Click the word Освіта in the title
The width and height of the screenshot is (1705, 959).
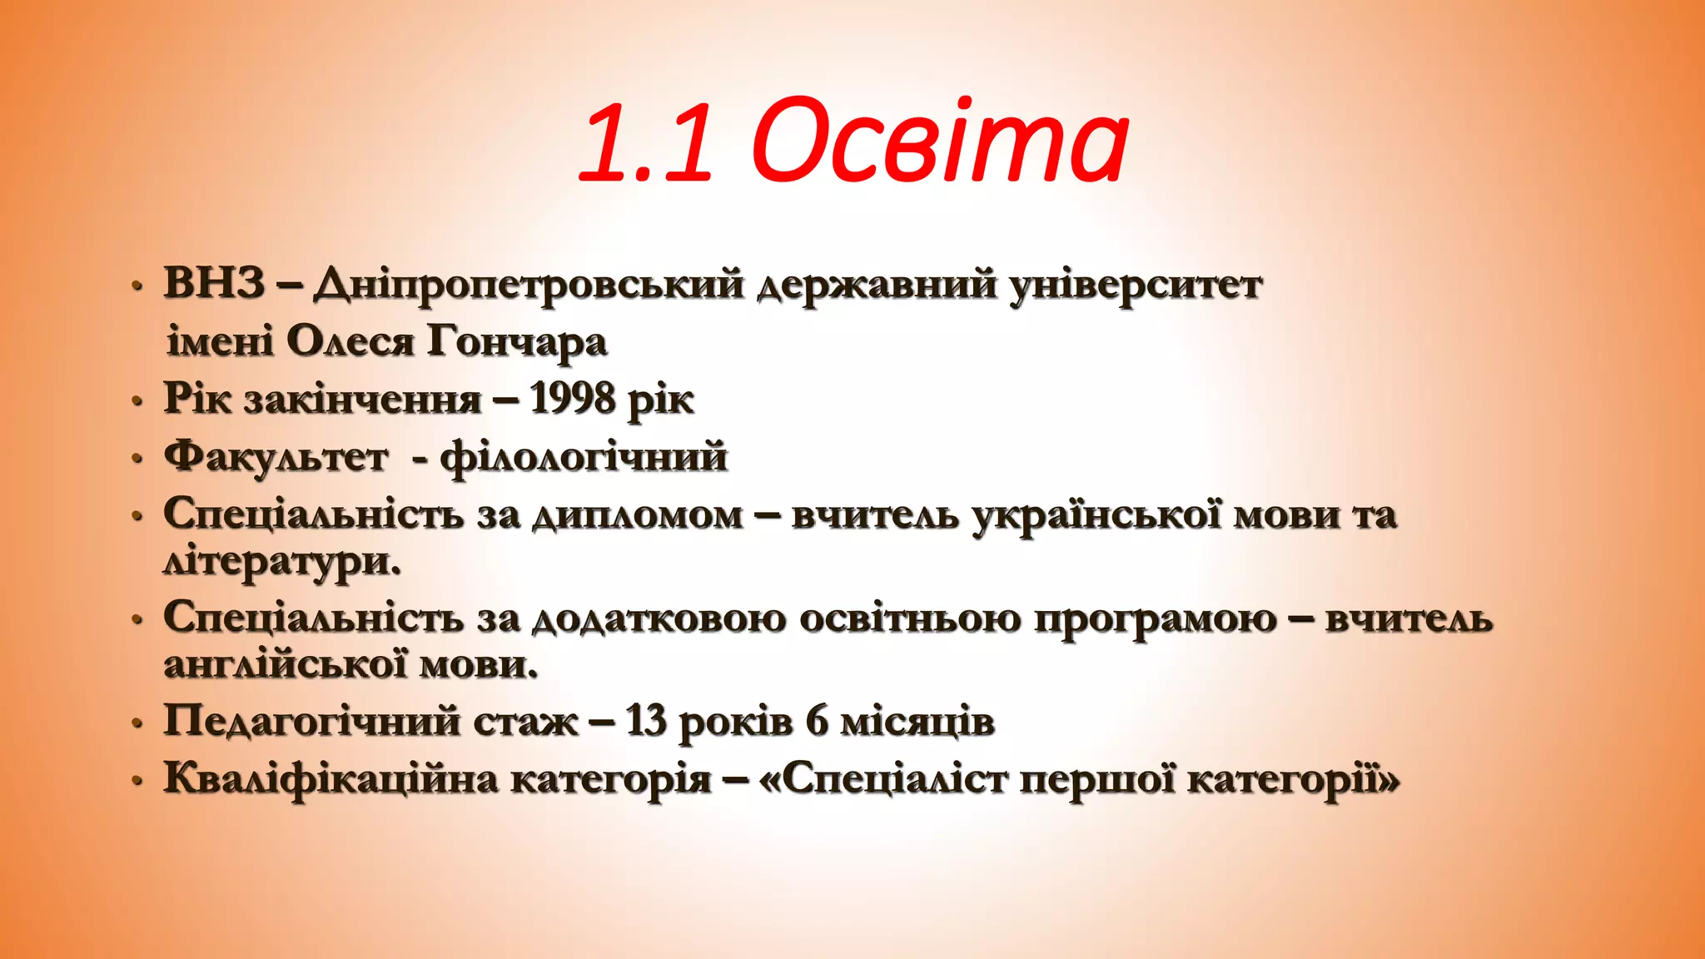coord(940,142)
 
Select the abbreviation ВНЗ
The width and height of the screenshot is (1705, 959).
coord(214,283)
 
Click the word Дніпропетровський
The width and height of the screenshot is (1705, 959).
coord(528,286)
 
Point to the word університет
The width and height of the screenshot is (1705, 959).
coord(1136,286)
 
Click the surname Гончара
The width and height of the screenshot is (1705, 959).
coord(517,342)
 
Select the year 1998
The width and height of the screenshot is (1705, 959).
coord(572,399)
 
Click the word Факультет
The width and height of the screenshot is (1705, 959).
coord(276,457)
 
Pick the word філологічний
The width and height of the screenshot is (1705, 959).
coord(584,457)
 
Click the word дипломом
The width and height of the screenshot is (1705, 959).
coord(638,515)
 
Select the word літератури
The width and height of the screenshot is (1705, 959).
coord(281,562)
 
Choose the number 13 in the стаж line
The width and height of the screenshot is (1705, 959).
coord(645,721)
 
